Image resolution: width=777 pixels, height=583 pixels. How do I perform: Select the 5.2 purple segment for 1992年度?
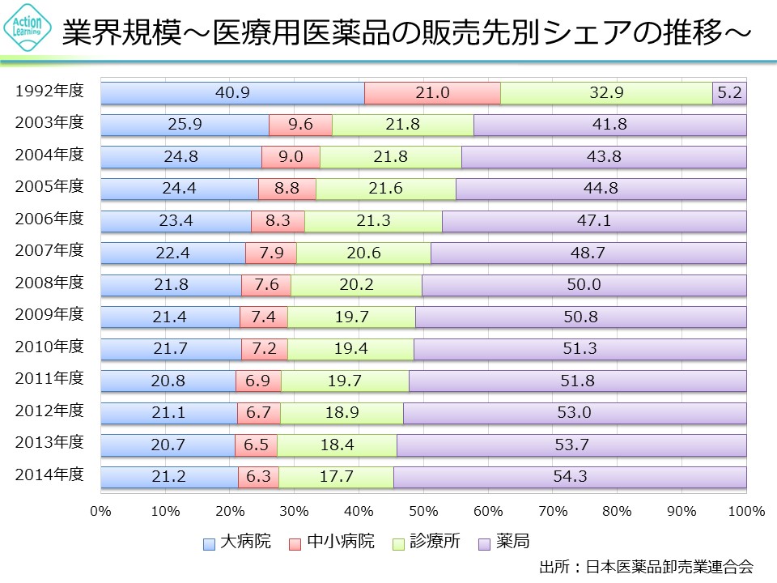(x=729, y=93)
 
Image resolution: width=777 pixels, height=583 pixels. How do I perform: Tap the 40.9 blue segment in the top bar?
(x=232, y=93)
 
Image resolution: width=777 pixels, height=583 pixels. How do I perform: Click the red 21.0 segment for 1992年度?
(x=432, y=93)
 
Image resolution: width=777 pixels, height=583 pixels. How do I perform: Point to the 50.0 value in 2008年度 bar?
(x=584, y=286)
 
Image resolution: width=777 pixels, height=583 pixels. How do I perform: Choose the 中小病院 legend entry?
(x=332, y=541)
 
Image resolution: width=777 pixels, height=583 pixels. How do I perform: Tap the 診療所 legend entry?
(x=426, y=541)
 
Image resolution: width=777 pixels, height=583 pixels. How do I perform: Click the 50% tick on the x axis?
(x=423, y=512)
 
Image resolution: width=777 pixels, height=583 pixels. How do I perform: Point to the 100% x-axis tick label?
(x=745, y=512)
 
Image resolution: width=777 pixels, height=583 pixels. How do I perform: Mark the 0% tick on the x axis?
(x=101, y=512)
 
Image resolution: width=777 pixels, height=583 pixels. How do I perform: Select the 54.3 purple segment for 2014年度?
(x=570, y=478)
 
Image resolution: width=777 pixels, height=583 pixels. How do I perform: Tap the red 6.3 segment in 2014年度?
(x=258, y=478)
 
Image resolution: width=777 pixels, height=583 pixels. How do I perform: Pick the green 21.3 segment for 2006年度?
(x=373, y=222)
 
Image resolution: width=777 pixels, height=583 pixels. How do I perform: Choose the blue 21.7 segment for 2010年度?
(x=171, y=350)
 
